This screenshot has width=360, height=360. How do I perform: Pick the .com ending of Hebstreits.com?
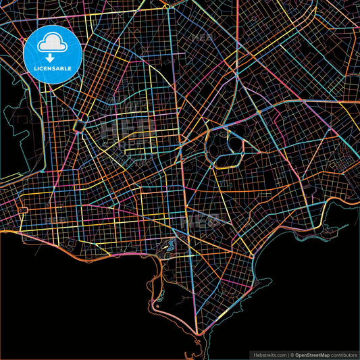pyautogui.click(x=280, y=354)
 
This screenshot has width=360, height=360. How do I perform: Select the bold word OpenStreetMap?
pyautogui.click(x=315, y=354)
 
